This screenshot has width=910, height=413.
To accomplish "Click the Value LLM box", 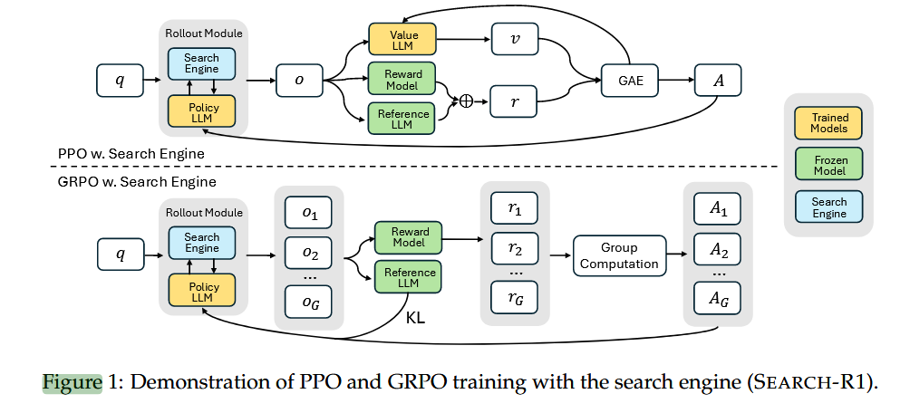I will click(x=402, y=39).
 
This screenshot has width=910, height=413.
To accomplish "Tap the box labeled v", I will click(x=514, y=39).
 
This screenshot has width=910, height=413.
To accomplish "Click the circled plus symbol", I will click(x=467, y=101).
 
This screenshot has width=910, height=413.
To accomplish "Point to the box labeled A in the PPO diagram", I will click(x=718, y=81).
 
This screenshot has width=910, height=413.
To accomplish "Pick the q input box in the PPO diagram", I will click(x=121, y=81).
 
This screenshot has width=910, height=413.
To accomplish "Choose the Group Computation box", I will click(x=619, y=255).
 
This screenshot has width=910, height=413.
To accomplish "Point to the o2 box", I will click(x=309, y=252).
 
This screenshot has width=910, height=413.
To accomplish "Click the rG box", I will click(x=514, y=295).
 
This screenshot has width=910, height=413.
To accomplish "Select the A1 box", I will click(x=717, y=209).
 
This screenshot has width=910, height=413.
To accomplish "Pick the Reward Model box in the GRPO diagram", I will click(x=410, y=237).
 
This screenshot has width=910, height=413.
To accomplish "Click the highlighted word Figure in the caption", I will click(x=73, y=381).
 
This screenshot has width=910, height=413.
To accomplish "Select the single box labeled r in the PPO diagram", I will click(x=514, y=101).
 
